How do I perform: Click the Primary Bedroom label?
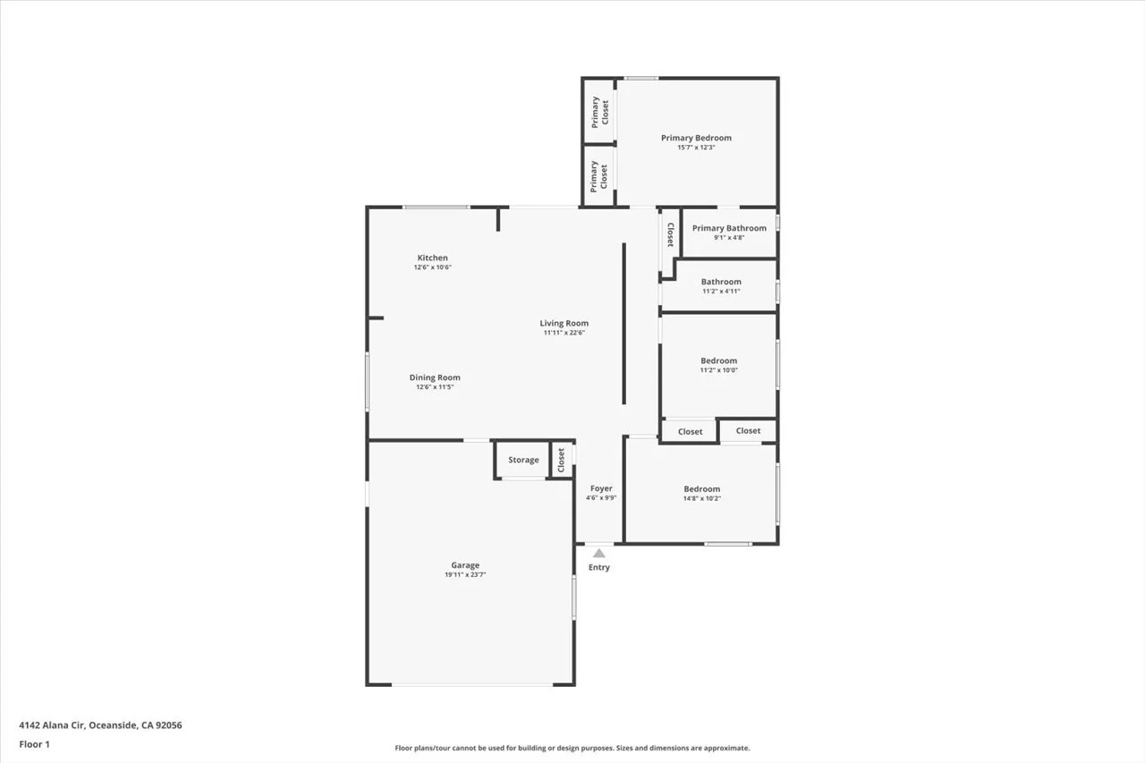696,138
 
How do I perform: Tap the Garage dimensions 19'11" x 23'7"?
465,575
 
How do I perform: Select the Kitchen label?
432,258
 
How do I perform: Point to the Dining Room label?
435,377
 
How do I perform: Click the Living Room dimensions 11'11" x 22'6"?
564,333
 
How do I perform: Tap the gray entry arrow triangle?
599,554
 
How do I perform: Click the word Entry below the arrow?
599,568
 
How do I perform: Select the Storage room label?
523,460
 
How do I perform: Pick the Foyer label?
601,488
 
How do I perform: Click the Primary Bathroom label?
729,228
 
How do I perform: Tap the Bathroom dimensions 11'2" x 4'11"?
720,291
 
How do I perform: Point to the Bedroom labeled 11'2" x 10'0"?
718,360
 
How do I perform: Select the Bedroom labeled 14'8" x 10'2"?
701,488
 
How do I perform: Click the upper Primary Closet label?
599,111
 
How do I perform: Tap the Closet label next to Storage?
562,460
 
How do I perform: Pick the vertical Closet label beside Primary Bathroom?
669,234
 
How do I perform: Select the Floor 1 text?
34,744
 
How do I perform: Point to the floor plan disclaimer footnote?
572,748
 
